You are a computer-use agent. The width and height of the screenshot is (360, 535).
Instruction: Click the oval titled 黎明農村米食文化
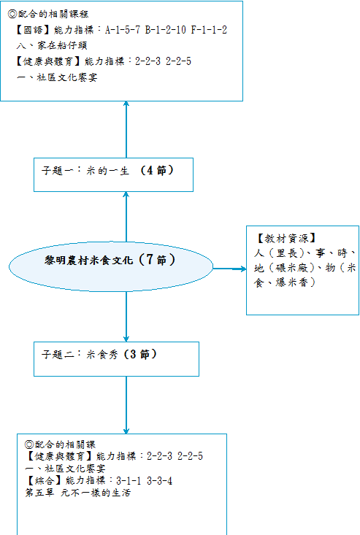[x=111, y=267]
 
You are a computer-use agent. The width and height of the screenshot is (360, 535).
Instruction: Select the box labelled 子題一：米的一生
[x=113, y=174]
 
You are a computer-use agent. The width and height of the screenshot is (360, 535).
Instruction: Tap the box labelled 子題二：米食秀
[x=116, y=359]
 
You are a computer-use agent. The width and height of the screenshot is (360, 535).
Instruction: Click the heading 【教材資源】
[x=287, y=238]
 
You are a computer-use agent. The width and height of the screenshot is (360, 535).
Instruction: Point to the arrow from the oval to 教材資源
[x=229, y=269]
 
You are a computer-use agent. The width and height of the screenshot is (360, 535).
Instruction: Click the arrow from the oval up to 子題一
[x=126, y=217]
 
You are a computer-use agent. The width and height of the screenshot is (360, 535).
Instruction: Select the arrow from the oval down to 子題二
[x=126, y=317]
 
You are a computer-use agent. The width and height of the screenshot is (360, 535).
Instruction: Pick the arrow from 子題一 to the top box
[x=126, y=129]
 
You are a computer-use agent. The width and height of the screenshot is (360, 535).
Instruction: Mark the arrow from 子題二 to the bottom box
[x=126, y=405]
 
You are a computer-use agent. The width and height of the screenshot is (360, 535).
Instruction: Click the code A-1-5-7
[x=123, y=30]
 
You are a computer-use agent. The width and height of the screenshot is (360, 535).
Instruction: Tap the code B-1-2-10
[x=166, y=30]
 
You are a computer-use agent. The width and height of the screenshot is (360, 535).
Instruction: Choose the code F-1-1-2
[x=209, y=30]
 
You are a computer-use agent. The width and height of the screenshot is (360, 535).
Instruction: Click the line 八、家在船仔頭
[x=52, y=45]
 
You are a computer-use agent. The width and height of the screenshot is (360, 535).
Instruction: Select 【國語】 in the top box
[x=33, y=30]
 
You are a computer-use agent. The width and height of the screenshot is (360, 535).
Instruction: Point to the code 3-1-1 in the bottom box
[x=129, y=481]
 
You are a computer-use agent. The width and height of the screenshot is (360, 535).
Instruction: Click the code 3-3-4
[x=160, y=481]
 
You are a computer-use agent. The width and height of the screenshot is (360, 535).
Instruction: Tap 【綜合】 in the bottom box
[x=44, y=481]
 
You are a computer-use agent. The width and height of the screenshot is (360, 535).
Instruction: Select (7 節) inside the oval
[x=157, y=260]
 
